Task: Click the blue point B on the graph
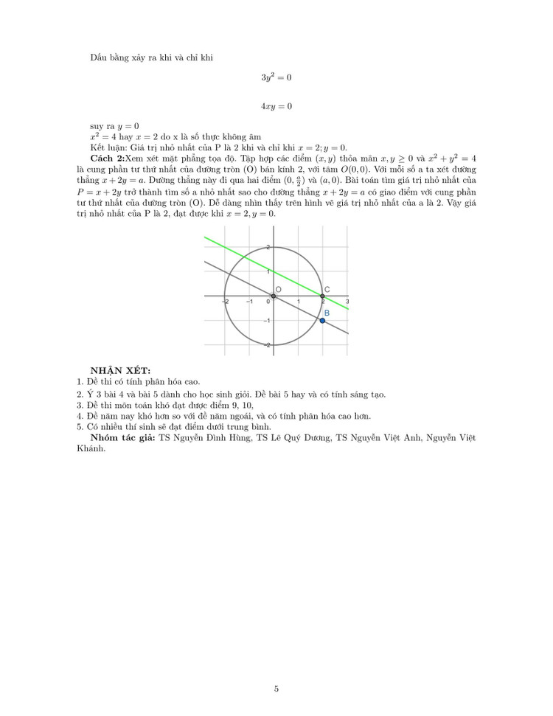[323, 320]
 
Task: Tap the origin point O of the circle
[274, 296]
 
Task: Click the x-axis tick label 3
[347, 302]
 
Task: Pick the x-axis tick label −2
[225, 302]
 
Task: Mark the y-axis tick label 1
[268, 272]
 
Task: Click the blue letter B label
[327, 313]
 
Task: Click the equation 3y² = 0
[276, 77]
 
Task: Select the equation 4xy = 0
[276, 106]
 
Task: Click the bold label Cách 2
[107, 159]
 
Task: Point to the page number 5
[276, 689]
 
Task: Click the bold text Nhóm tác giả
[122, 438]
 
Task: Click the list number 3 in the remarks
[80, 405]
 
